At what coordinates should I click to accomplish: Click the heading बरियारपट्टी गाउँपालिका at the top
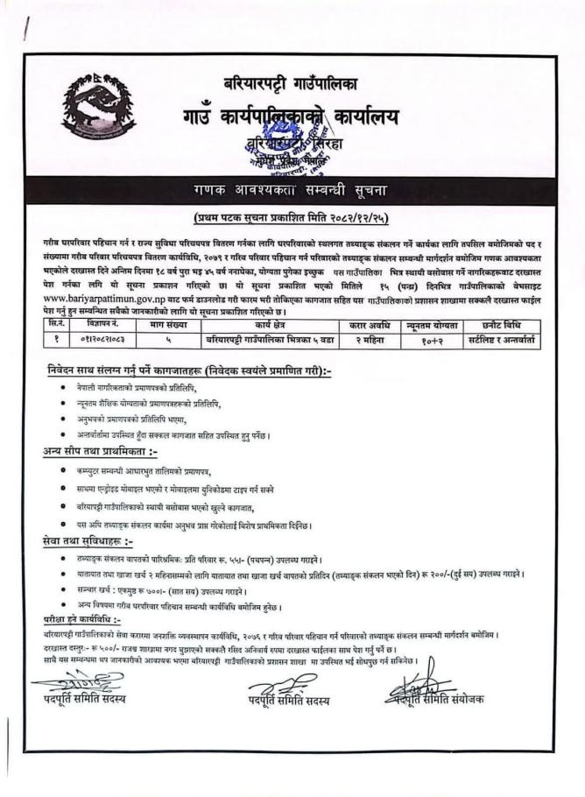click(x=292, y=85)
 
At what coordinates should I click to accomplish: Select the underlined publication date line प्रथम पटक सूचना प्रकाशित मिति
click(x=292, y=216)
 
